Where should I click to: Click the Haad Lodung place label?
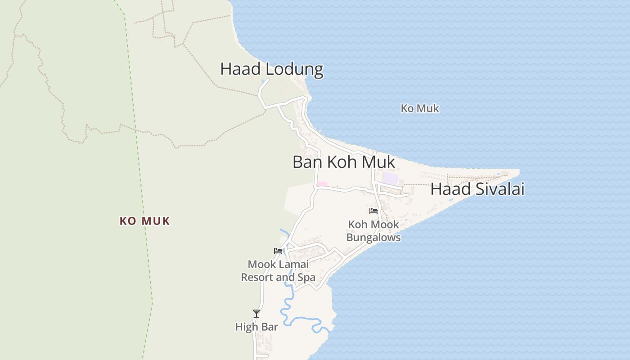click(272, 69)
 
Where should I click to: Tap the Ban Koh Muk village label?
click(344, 162)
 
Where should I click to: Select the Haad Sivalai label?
click(477, 189)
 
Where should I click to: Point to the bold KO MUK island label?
click(144, 221)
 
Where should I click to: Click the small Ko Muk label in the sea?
click(420, 108)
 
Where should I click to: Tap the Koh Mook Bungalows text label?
click(373, 231)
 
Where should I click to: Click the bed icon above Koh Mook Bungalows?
click(373, 211)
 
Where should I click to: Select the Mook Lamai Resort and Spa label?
click(278, 270)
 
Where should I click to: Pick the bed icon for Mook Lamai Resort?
click(278, 251)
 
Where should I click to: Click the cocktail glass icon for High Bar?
click(256, 313)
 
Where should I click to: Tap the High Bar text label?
click(256, 327)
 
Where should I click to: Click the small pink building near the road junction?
click(322, 184)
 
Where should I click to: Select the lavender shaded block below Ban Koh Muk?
click(390, 178)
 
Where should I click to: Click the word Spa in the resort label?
click(306, 277)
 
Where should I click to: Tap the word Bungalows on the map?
click(373, 237)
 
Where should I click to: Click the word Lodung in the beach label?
click(294, 69)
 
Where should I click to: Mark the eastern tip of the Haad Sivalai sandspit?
click(519, 171)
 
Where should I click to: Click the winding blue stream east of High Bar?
click(306, 320)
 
